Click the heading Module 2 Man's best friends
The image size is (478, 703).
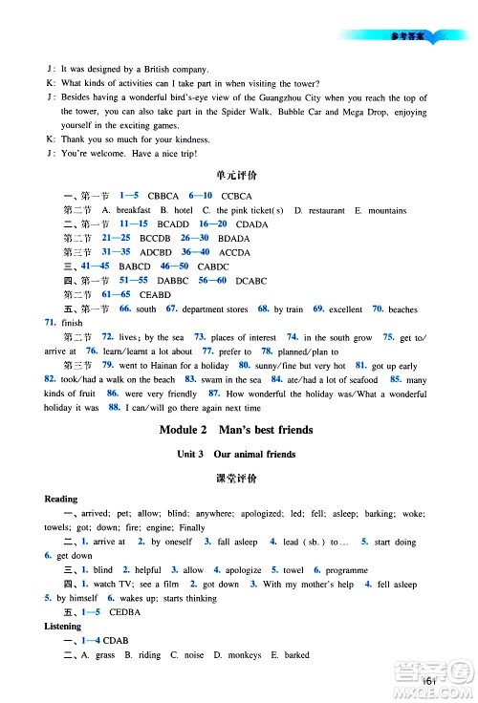pos(239,430)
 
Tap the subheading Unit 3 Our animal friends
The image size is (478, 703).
pos(239,454)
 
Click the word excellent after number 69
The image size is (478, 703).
pos(345,309)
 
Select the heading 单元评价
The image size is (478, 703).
pos(239,176)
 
